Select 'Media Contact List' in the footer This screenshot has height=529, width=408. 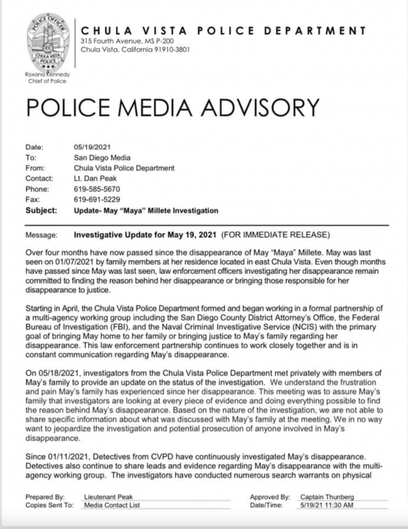point(112,505)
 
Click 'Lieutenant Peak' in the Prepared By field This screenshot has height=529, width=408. point(106,496)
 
